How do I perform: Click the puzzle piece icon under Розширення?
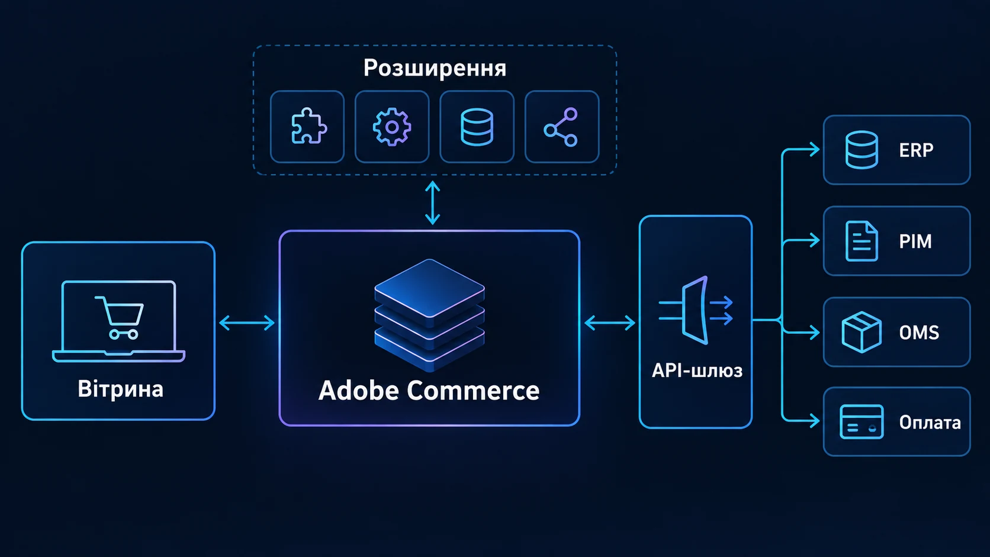pos(309,126)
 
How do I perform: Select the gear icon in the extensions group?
pos(392,127)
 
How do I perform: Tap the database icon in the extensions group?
pos(477,127)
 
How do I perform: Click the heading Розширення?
pos(435,69)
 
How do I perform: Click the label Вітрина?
pos(121,389)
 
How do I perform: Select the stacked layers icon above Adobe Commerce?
pos(430,314)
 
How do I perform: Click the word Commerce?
pos(473,391)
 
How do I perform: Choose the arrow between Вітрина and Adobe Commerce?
pos(247,323)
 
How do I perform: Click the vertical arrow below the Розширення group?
pos(433,203)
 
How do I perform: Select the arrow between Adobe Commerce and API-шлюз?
pos(610,323)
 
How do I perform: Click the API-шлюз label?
pos(697,371)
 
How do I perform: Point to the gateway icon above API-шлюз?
pos(696,310)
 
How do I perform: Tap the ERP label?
pos(916,150)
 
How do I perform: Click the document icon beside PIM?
pos(862,241)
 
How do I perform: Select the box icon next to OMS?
pos(862,332)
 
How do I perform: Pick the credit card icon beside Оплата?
pos(862,422)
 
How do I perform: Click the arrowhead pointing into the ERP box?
pos(815,149)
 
